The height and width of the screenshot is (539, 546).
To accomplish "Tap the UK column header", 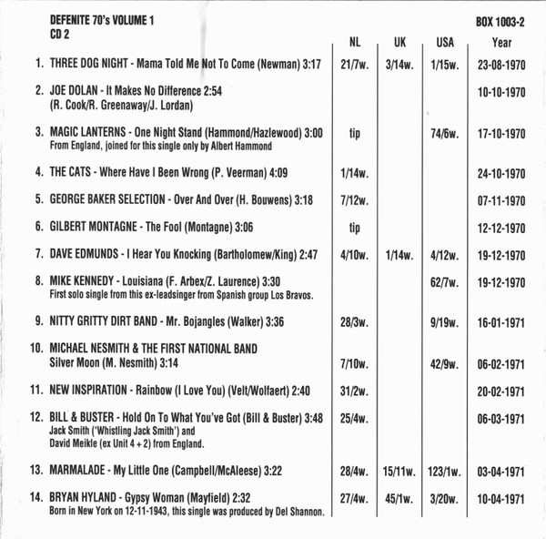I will [x=400, y=42].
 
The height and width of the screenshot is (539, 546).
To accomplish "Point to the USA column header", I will [x=446, y=42].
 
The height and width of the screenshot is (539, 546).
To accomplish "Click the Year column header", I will [x=502, y=42].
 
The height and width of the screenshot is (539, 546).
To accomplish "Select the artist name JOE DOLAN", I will [x=79, y=91].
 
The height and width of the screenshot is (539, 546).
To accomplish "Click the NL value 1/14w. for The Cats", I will [x=355, y=171].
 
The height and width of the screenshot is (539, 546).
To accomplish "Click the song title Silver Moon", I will [x=82, y=363].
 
